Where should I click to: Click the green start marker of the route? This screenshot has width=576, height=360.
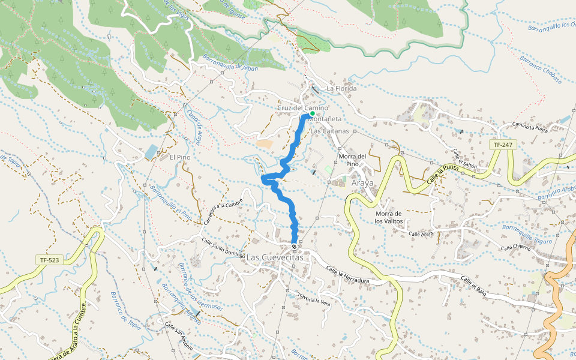(313, 113)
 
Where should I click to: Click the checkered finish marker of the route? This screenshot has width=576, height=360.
(294, 246)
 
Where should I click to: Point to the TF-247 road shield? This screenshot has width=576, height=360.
(503, 145)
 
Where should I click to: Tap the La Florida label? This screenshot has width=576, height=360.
(341, 89)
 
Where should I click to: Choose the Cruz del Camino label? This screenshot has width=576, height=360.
(302, 108)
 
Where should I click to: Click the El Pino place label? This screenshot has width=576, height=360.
(180, 157)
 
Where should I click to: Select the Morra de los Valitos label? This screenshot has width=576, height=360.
(388, 217)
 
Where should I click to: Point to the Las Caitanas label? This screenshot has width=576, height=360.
(328, 130)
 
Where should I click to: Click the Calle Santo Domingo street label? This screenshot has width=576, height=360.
(223, 249)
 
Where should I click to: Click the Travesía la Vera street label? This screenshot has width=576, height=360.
(314, 299)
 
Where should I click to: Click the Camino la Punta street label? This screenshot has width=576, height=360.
(531, 125)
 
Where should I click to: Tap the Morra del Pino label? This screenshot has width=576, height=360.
(353, 160)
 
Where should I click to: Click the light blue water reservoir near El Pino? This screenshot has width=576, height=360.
(151, 152)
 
